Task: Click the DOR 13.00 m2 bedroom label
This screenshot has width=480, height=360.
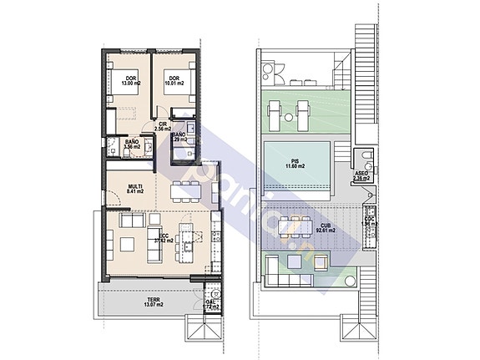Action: [131, 82]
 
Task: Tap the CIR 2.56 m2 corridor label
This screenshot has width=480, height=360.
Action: [164, 129]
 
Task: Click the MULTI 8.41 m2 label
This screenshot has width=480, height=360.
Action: [135, 189]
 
